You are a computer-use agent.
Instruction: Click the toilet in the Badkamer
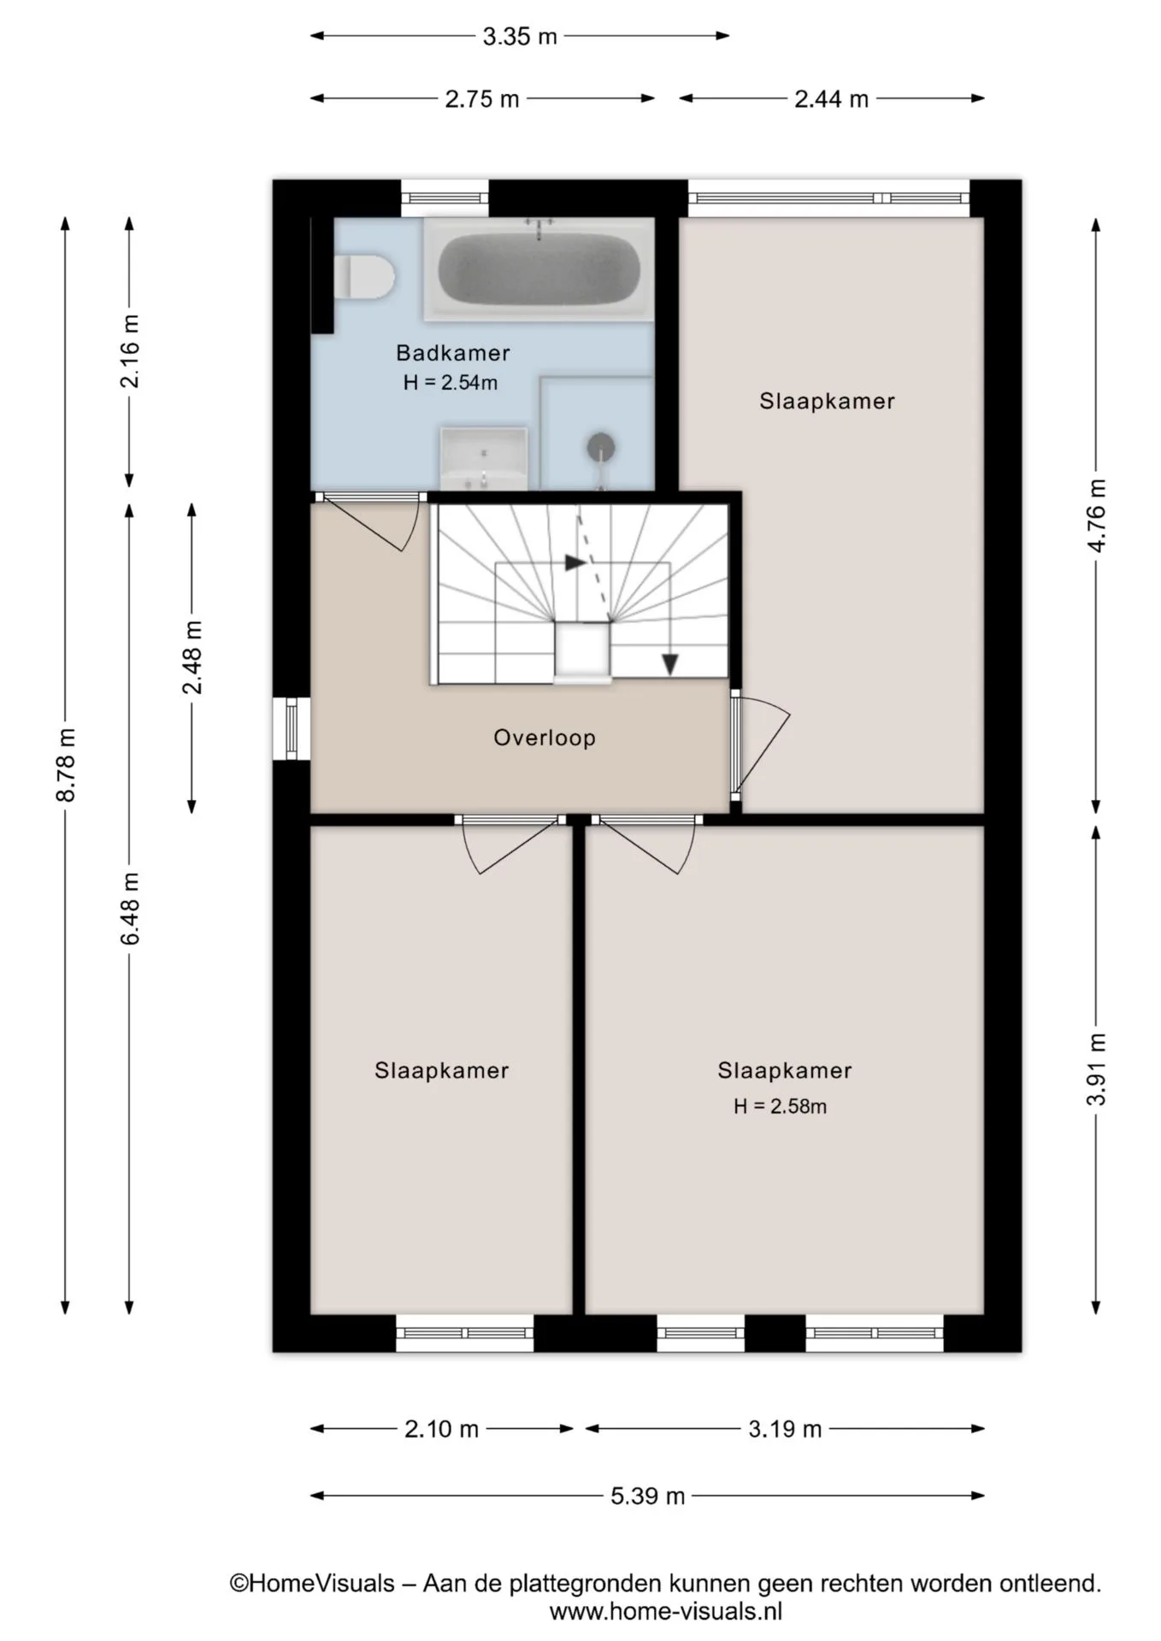(364, 276)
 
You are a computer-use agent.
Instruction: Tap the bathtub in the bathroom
(539, 268)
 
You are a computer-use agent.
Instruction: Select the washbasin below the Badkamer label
(483, 459)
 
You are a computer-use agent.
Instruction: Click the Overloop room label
(545, 738)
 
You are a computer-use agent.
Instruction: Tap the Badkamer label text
(453, 352)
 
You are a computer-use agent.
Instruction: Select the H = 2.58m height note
(780, 1106)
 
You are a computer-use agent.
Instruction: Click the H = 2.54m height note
(451, 383)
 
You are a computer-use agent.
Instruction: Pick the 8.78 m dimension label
(66, 765)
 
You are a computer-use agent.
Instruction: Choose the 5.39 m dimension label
(648, 1496)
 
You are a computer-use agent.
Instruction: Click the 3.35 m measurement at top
(520, 36)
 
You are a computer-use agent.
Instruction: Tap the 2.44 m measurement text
(831, 99)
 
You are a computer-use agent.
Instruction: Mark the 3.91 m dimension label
(1096, 1068)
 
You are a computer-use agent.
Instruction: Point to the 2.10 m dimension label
(441, 1428)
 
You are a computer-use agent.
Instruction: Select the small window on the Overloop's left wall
(292, 728)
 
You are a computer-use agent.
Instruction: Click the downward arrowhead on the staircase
(670, 664)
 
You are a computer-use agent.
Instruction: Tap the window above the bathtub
(445, 198)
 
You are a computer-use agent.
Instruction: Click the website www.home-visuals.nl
(665, 1612)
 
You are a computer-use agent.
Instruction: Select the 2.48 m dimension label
(192, 657)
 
